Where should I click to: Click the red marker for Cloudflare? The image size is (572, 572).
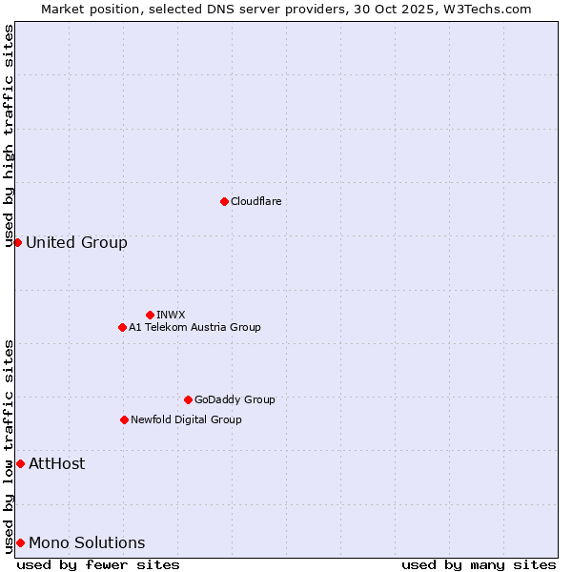click(x=224, y=201)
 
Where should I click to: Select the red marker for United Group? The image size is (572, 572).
click(x=17, y=242)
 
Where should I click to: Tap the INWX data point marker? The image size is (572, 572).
click(x=150, y=315)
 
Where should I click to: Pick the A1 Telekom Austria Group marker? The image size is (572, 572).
click(x=122, y=327)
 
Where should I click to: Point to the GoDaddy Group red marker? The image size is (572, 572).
click(x=188, y=399)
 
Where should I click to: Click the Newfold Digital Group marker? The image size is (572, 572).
click(x=124, y=419)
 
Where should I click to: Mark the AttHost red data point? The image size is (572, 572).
click(x=20, y=463)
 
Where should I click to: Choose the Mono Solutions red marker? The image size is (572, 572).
click(x=20, y=542)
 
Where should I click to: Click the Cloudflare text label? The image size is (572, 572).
click(x=255, y=201)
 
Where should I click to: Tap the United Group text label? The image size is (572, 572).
click(x=76, y=242)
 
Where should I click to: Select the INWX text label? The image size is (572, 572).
click(x=171, y=315)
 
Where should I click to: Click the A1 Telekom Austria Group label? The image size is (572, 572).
click(x=194, y=327)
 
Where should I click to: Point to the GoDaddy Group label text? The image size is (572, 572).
click(x=235, y=399)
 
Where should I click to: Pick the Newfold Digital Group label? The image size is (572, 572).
click(x=186, y=419)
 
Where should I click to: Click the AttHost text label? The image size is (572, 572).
click(x=56, y=463)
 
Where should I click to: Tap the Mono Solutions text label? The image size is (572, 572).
click(x=87, y=542)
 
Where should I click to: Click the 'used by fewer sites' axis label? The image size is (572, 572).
click(x=98, y=564)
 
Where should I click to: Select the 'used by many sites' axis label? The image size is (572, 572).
click(x=479, y=564)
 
